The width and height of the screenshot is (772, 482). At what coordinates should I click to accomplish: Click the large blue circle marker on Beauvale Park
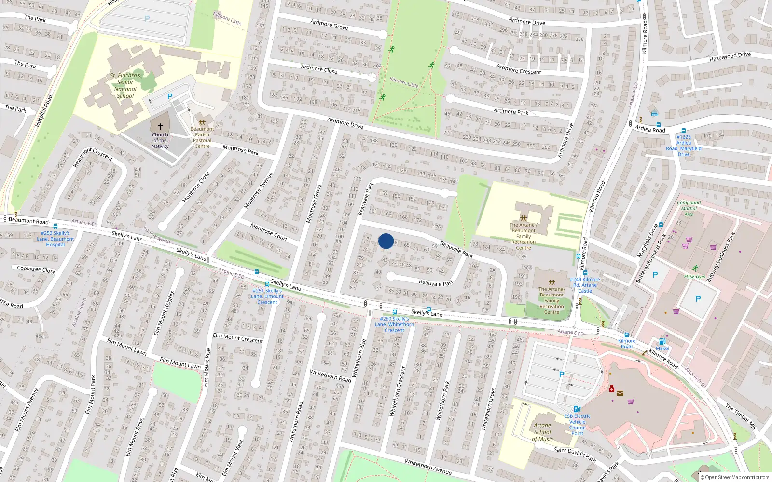pyautogui.click(x=386, y=241)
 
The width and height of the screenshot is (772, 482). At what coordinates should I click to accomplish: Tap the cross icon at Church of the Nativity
pyautogui.click(x=160, y=127)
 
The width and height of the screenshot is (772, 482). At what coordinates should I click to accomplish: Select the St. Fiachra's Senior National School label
pyautogui.click(x=125, y=85)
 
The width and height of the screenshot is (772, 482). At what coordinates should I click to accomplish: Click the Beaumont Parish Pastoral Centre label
pyautogui.click(x=202, y=137)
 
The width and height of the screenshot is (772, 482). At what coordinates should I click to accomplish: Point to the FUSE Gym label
pyautogui.click(x=695, y=276)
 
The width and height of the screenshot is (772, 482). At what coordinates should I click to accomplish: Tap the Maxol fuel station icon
pyautogui.click(x=662, y=341)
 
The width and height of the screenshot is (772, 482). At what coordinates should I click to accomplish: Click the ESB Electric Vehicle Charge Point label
pyautogui.click(x=577, y=425)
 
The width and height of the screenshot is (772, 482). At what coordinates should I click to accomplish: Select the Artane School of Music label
pyautogui.click(x=542, y=432)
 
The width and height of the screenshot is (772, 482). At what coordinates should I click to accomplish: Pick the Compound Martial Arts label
pyautogui.click(x=689, y=208)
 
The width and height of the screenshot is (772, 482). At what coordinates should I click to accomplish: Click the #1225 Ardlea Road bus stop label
pyautogui.click(x=684, y=146)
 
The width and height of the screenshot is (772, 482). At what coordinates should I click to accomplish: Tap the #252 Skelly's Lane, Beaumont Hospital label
pyautogui.click(x=56, y=239)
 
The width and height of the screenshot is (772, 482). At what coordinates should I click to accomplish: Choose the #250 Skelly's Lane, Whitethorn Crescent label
pyautogui.click(x=394, y=324)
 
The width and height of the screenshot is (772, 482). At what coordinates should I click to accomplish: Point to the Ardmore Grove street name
pyautogui.click(x=329, y=24)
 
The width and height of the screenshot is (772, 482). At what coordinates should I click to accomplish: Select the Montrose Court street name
pyautogui.click(x=269, y=231)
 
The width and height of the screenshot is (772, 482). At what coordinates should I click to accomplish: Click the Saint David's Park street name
pyautogui.click(x=575, y=454)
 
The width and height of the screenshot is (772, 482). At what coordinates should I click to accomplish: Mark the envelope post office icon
pyautogui.click(x=620, y=393)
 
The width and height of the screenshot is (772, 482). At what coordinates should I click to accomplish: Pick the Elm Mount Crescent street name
pyautogui.click(x=238, y=337)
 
